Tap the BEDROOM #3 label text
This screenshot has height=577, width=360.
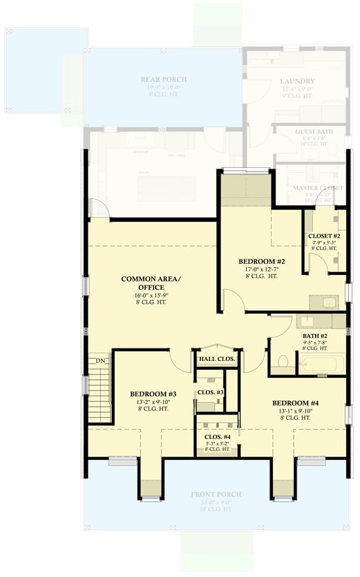pos(149,394)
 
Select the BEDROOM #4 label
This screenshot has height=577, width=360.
pos(295,402)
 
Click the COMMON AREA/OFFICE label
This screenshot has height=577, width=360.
pos(151,283)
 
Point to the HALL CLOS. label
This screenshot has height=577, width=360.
pos(216,359)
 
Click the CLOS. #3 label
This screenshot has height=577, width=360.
pos(211,392)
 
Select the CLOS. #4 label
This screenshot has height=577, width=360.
pos(217,436)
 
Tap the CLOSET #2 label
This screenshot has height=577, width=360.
pos(324,235)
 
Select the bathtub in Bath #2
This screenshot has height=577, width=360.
pos(322,363)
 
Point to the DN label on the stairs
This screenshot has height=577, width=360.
pos(100,360)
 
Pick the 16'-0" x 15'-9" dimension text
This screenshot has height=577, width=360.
pos(151,295)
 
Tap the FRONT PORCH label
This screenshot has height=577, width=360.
pos(216,494)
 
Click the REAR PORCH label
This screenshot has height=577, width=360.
pos(163,80)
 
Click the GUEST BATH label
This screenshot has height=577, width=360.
pos(314,132)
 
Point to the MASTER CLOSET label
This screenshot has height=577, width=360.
pos(317,188)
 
